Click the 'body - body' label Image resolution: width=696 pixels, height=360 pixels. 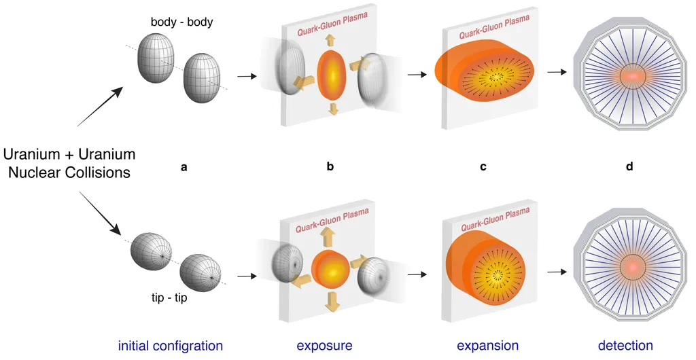point(181,22)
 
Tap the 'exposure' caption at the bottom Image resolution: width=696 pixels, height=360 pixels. point(324,346)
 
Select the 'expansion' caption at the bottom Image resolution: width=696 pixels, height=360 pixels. point(487,346)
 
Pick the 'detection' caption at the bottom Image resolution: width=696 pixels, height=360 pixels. point(625,346)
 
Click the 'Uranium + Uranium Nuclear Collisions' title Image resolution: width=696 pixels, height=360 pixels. point(69,163)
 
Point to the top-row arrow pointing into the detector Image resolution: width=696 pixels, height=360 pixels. point(557,73)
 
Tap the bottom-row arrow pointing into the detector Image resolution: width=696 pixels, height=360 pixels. point(557,272)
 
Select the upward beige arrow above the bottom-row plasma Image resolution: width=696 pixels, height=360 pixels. point(327,236)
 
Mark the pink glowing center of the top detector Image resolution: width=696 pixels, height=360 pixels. point(631,76)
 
